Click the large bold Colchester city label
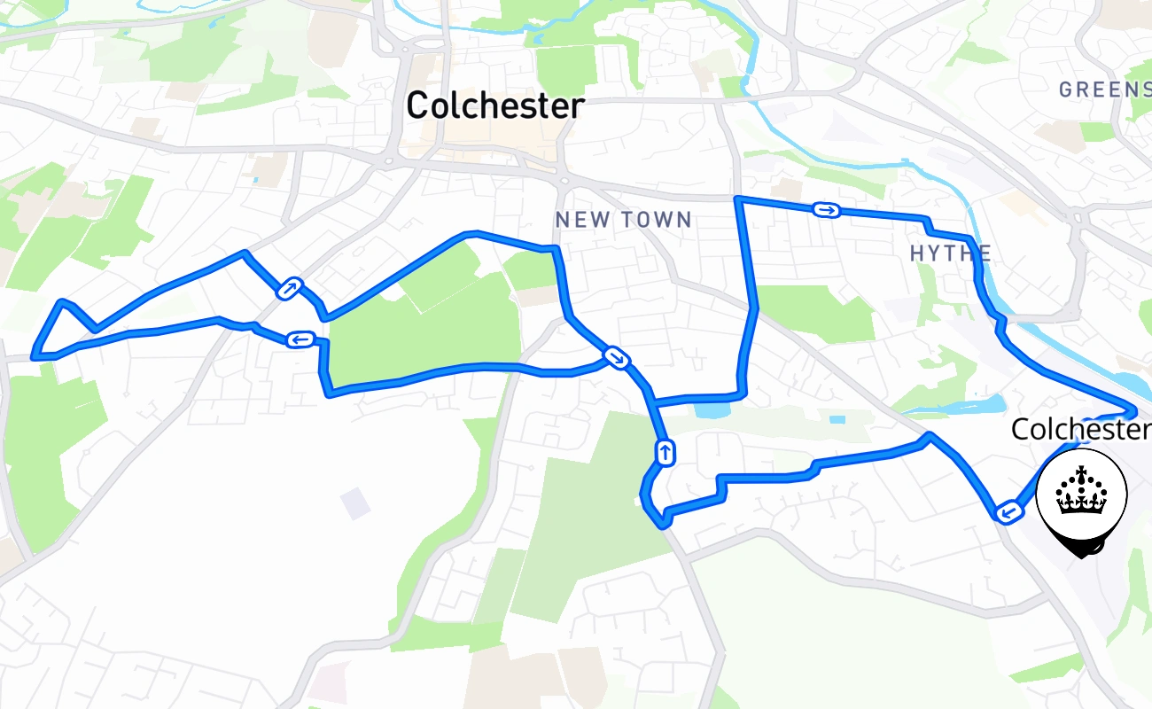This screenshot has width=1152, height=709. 495,106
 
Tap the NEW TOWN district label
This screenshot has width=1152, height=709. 623,220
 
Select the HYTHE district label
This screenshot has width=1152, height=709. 950,254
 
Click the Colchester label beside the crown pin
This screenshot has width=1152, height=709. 1080,430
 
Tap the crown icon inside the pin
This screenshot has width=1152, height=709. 1082,493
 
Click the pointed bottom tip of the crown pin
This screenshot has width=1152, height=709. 1082,556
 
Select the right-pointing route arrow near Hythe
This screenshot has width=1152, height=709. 826,210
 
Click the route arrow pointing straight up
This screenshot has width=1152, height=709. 665,453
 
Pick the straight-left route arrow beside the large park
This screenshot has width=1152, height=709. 300,339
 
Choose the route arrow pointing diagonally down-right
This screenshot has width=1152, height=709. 615,357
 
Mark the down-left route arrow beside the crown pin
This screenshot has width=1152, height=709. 1006,511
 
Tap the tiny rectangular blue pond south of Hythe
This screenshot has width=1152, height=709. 837,419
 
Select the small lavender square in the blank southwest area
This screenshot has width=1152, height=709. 355,503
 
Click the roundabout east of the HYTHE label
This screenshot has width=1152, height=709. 1078,216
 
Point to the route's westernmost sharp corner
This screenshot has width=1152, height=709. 35,357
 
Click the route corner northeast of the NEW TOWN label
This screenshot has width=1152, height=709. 738,199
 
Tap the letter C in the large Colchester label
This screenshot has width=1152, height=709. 416,106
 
